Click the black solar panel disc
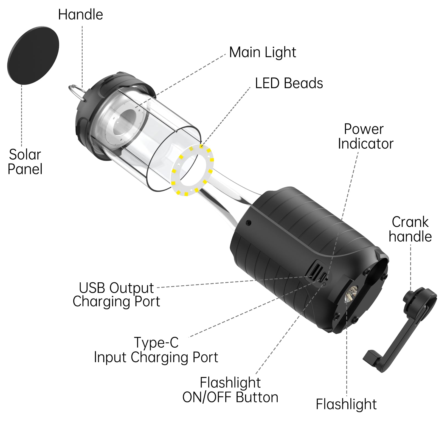(33, 55)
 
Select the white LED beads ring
(192, 171)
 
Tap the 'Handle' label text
(80, 15)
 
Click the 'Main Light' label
(263, 52)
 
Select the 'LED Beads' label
(289, 83)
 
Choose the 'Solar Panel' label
(25, 162)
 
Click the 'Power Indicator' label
(365, 136)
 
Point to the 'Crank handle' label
(410, 229)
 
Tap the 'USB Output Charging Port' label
(116, 295)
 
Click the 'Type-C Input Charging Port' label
(156, 350)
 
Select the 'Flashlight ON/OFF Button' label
(230, 390)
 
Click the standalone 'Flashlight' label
(346, 404)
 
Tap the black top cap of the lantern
(115, 80)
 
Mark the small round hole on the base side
(248, 223)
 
